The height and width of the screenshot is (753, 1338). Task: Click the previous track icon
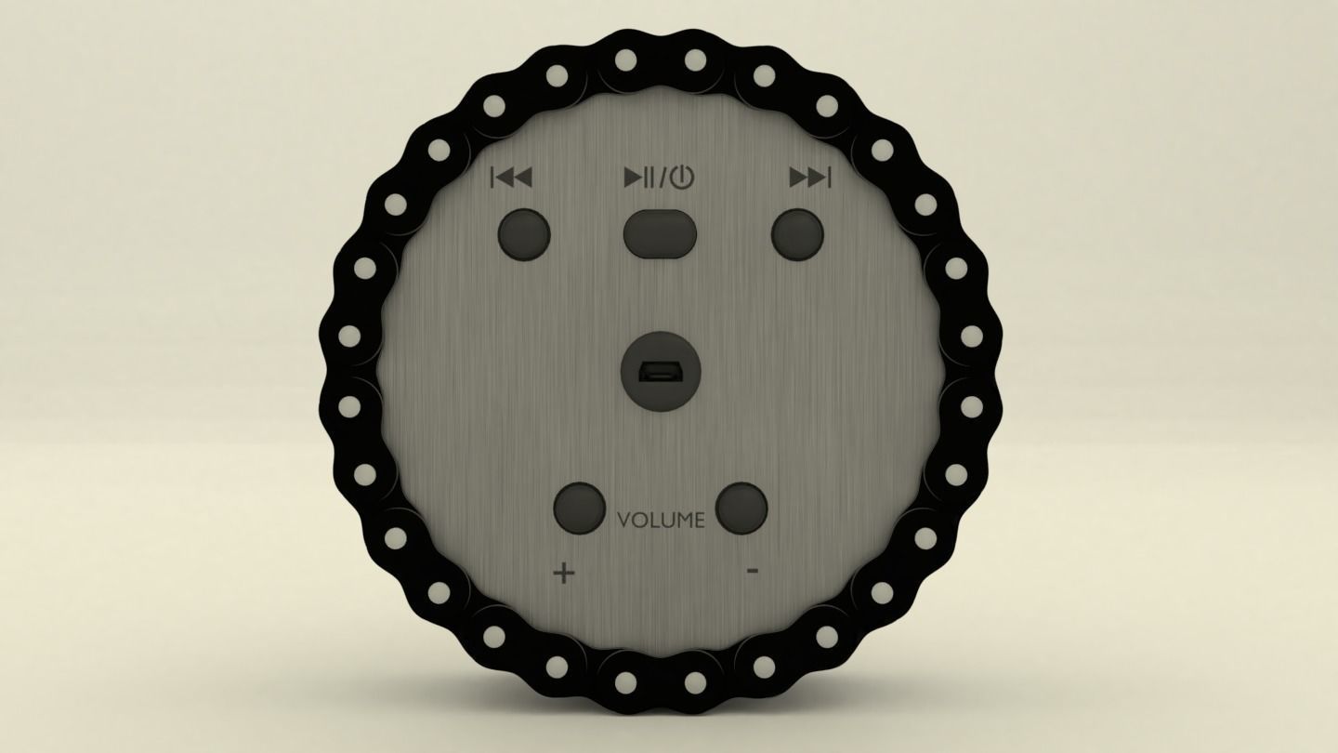(511, 177)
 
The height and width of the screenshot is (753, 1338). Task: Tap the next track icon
(809, 177)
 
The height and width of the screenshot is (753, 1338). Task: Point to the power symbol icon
(682, 177)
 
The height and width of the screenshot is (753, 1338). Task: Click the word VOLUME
(661, 521)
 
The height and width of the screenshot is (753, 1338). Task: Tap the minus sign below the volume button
(753, 571)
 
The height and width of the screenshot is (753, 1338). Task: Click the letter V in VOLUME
(624, 521)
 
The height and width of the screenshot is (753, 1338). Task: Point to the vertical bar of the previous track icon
(492, 177)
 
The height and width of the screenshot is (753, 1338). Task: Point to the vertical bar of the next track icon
(829, 177)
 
